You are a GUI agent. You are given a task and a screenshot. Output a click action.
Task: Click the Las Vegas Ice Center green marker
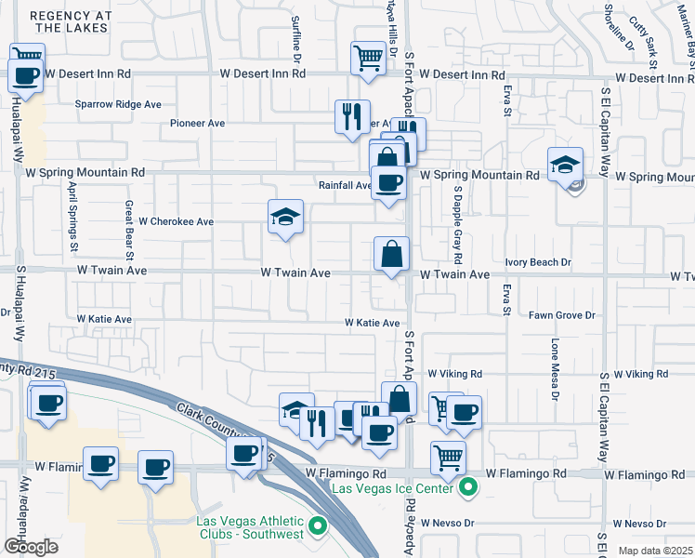[x=470, y=486]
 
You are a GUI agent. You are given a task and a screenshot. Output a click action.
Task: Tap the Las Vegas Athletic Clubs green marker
[x=318, y=527]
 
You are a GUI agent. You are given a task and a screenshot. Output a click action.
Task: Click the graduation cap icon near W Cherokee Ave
[x=286, y=218]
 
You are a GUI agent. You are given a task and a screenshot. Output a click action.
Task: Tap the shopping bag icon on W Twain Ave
[x=392, y=253]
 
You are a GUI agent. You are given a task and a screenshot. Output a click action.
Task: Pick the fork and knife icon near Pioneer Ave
[x=352, y=117]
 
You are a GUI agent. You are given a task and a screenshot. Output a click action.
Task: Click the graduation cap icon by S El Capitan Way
[x=565, y=166]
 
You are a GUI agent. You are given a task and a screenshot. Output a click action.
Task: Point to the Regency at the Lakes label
[x=71, y=22]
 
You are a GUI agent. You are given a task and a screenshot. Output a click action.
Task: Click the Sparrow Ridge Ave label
[x=119, y=104]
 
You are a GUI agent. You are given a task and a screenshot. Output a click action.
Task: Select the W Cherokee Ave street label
[x=177, y=222]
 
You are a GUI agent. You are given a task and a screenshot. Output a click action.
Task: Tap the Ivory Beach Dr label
[x=538, y=263]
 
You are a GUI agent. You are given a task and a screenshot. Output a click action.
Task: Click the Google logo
[x=31, y=546]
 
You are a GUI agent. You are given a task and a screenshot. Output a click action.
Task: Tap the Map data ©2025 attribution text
[x=655, y=551]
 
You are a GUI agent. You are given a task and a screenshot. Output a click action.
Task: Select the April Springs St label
[x=72, y=216]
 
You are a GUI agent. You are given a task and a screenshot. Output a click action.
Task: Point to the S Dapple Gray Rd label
[x=458, y=222]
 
